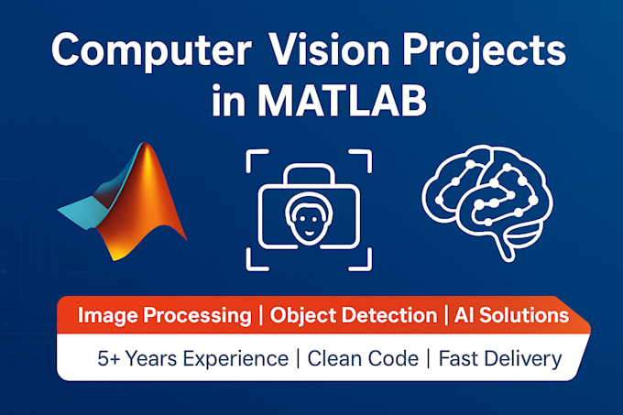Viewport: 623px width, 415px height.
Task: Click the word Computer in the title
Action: [x=148, y=52]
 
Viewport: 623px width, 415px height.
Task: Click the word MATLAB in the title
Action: [x=345, y=101]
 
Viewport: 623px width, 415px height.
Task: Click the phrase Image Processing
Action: [x=164, y=316]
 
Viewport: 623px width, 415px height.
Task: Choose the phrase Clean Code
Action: [x=360, y=358]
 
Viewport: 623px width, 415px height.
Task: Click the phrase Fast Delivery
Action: [x=499, y=358]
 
